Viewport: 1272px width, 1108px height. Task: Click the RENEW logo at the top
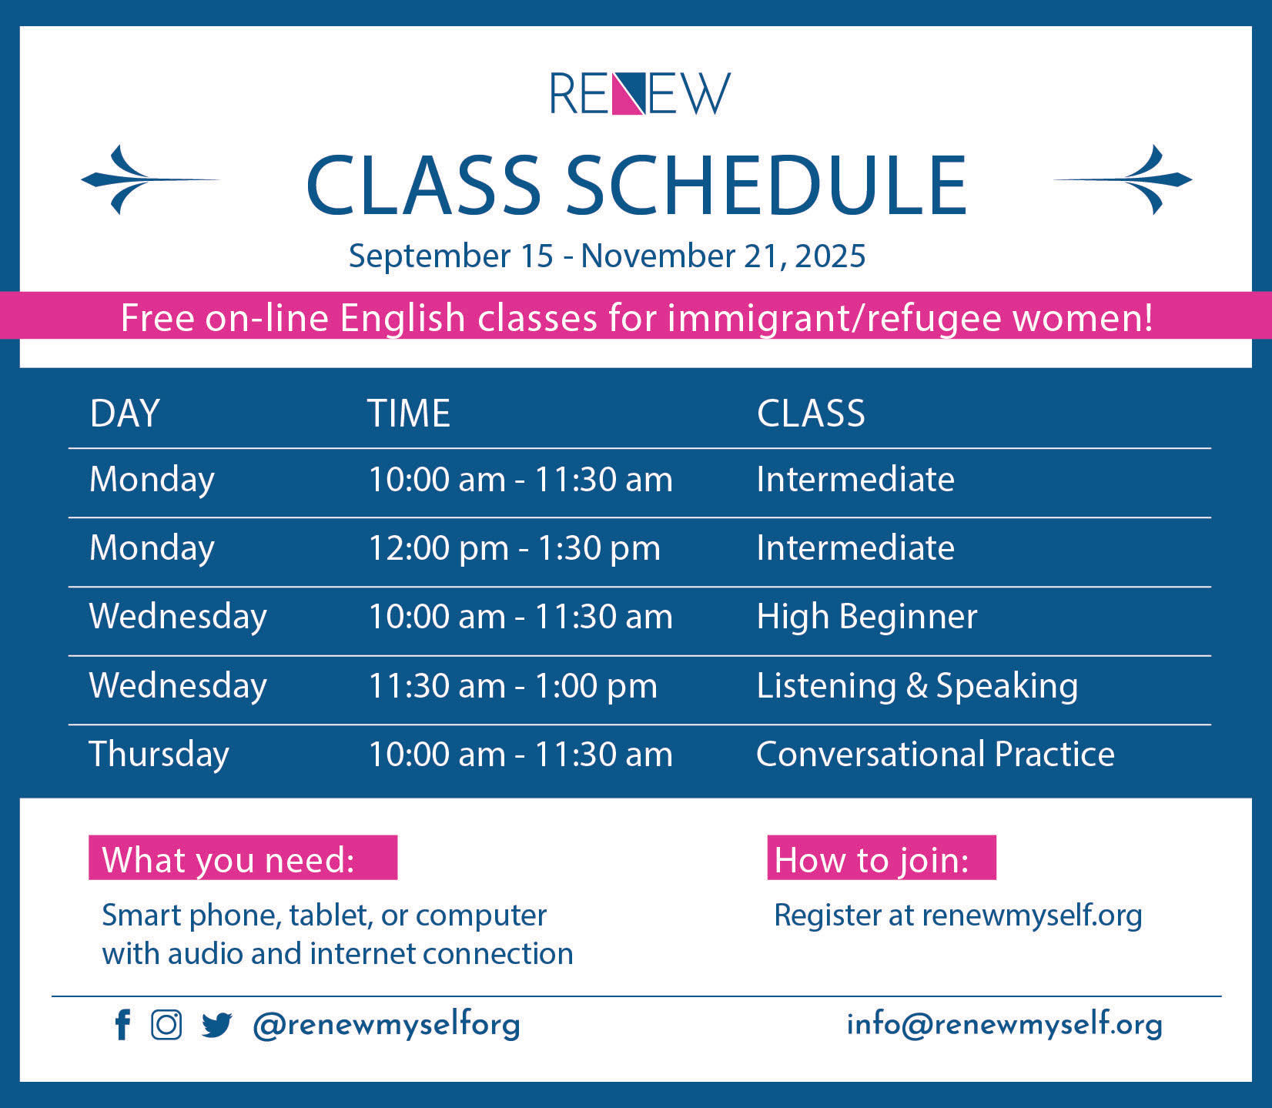click(x=640, y=93)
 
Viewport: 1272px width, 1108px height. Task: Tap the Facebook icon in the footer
click(x=122, y=1025)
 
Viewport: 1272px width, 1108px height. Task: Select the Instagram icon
click(x=166, y=1025)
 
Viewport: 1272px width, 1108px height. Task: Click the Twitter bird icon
click(x=216, y=1026)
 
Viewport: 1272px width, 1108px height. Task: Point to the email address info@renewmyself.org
click(x=1004, y=1025)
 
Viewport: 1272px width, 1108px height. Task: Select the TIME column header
click(x=408, y=413)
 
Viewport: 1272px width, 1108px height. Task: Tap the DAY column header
click(x=125, y=413)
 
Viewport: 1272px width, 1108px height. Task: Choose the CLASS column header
click(x=811, y=413)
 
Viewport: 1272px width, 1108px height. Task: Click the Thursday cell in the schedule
click(x=159, y=755)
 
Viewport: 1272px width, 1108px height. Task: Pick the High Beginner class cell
click(x=867, y=617)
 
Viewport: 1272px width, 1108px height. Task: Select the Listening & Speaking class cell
click(x=917, y=686)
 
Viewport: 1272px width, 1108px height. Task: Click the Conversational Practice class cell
click(x=936, y=754)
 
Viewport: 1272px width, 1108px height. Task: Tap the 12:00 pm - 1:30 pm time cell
click(x=514, y=548)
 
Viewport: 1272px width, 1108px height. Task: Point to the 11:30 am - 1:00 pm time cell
click(x=513, y=686)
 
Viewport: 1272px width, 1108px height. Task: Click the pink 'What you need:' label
click(x=243, y=858)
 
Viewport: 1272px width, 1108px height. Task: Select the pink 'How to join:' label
click(x=882, y=858)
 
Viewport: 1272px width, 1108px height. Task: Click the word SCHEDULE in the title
click(x=766, y=185)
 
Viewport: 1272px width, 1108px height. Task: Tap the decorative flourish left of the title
click(x=150, y=179)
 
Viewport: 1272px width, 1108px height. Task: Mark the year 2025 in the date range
click(x=830, y=256)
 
